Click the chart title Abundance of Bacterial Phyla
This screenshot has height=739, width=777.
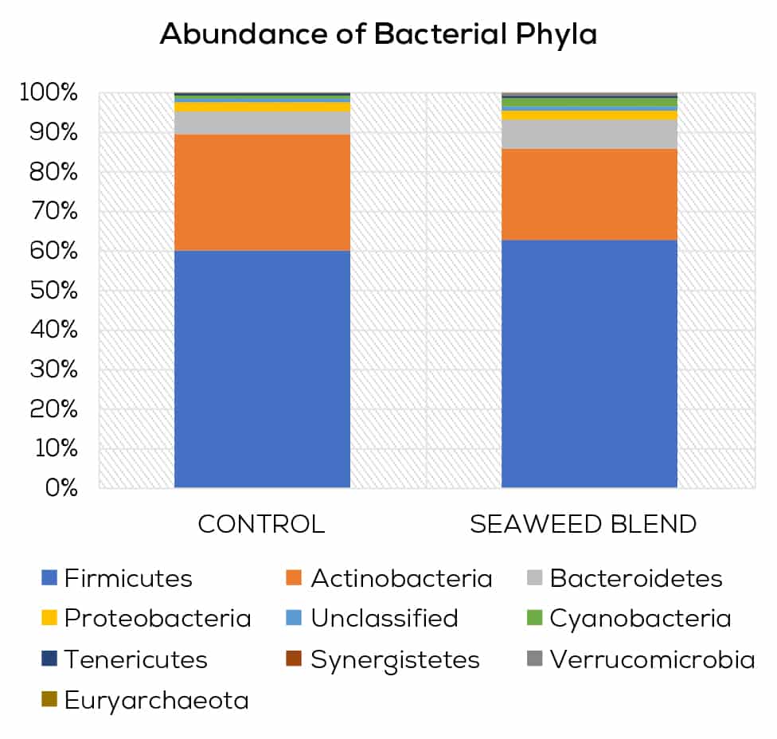click(x=378, y=35)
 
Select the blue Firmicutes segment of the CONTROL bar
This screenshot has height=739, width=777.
click(x=262, y=368)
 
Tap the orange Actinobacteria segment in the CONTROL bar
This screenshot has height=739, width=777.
click(x=262, y=192)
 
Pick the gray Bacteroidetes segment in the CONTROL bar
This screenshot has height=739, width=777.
click(x=262, y=123)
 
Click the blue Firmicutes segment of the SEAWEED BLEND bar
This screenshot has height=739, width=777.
click(x=589, y=363)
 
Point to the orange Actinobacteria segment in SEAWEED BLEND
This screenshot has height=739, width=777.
click(x=589, y=194)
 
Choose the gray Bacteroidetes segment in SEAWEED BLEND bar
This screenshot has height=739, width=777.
click(x=589, y=134)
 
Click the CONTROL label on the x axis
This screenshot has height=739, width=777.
click(x=261, y=524)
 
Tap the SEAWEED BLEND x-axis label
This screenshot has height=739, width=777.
click(x=584, y=524)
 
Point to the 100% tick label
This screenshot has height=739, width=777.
click(x=49, y=93)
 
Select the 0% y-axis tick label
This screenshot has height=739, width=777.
click(x=61, y=487)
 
